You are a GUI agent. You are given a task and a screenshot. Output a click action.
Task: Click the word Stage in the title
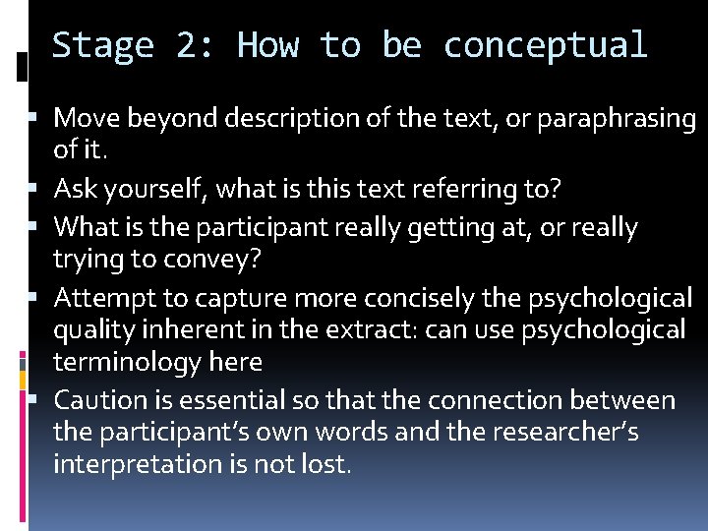[x=102, y=45]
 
